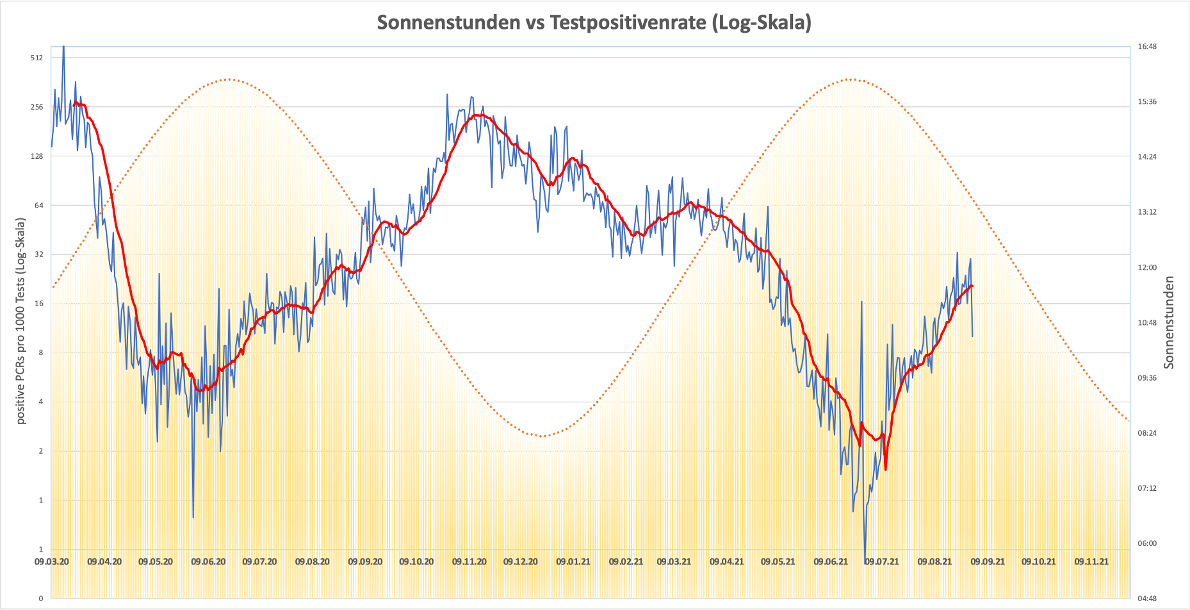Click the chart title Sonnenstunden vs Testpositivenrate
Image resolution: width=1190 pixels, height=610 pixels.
pyautogui.click(x=594, y=22)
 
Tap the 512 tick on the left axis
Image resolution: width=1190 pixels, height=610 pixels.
pyautogui.click(x=37, y=58)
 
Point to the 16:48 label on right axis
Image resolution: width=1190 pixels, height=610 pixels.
pyautogui.click(x=1147, y=46)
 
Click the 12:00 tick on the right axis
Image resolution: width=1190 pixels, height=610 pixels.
pyautogui.click(x=1147, y=267)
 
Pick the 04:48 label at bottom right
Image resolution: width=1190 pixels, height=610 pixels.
pyautogui.click(x=1147, y=598)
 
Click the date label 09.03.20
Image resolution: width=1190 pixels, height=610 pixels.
pyautogui.click(x=52, y=562)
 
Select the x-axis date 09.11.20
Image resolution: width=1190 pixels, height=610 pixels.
pyautogui.click(x=469, y=562)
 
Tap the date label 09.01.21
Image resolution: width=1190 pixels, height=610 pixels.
pyautogui.click(x=573, y=562)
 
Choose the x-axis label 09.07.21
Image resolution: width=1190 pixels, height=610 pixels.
pyautogui.click(x=882, y=562)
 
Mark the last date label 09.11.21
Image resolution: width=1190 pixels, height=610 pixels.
pyautogui.click(x=1091, y=562)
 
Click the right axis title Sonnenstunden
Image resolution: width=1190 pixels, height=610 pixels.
pyautogui.click(x=1170, y=322)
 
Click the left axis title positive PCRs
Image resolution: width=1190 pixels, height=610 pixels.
pyautogui.click(x=21, y=321)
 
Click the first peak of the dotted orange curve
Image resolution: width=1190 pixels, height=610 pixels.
pyautogui.click(x=229, y=79)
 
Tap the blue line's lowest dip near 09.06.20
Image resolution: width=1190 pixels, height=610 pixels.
pyautogui.click(x=193, y=517)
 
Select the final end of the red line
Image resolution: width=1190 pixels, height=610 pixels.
pyautogui.click(x=972, y=286)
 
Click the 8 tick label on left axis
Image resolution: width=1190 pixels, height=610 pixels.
pyautogui.click(x=40, y=352)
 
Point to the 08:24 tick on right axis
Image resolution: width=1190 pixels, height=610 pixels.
pyautogui.click(x=1147, y=433)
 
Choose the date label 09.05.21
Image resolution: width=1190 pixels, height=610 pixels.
pyautogui.click(x=778, y=562)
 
